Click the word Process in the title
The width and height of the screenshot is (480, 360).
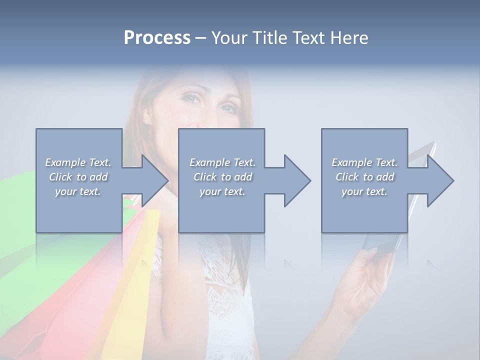(157, 38)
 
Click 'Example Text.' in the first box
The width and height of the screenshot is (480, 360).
(78, 162)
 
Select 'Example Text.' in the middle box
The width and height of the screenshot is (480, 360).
(222, 162)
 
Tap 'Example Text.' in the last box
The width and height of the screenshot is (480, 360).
(364, 162)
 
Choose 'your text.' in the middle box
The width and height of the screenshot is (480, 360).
(222, 191)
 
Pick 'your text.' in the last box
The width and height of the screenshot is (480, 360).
(364, 191)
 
